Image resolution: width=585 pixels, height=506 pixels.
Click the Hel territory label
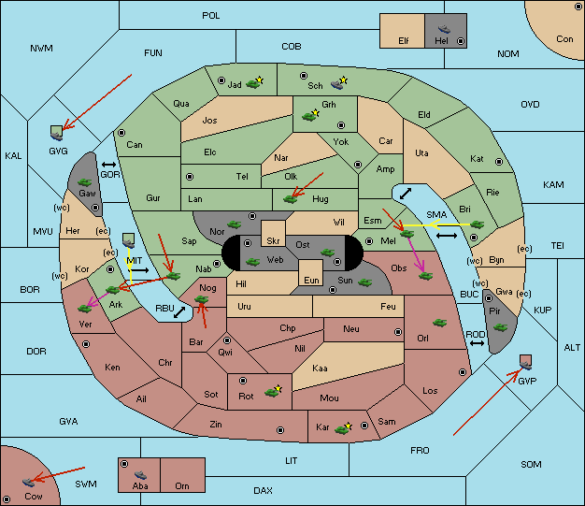tap(441, 40)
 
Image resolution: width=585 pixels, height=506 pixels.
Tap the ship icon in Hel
tap(444, 29)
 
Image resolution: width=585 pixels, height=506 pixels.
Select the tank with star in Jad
tap(254, 83)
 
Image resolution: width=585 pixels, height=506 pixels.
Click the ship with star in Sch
tap(339, 83)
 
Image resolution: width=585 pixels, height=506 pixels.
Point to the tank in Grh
tap(310, 115)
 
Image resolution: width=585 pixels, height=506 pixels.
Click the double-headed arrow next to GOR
tap(108, 165)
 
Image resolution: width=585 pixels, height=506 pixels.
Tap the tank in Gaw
tap(85, 181)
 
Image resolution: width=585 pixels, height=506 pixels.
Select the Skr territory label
tap(273, 241)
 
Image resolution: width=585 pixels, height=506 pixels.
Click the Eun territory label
tap(311, 280)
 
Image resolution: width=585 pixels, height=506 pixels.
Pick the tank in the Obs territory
tap(426, 276)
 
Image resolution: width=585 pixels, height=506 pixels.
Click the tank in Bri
tap(478, 224)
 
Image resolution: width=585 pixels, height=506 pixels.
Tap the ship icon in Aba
tap(140, 474)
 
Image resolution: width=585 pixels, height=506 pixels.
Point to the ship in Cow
tap(28, 482)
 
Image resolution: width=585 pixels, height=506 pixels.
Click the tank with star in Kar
tap(343, 428)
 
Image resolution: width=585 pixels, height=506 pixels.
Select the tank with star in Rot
tap(273, 391)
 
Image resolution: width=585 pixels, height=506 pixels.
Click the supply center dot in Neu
tap(398, 332)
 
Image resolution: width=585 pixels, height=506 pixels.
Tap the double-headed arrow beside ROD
tap(477, 343)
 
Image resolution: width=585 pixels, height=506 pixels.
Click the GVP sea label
tap(527, 381)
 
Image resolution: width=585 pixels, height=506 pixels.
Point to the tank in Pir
tap(500, 327)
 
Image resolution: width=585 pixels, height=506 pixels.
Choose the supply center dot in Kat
tap(499, 162)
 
